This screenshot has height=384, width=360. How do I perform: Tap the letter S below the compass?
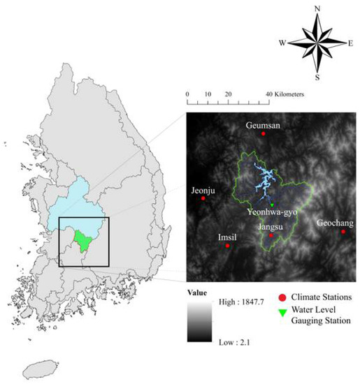click(317, 77)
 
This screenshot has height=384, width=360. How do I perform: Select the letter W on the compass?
click(282, 43)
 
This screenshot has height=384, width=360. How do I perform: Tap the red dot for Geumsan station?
click(264, 133)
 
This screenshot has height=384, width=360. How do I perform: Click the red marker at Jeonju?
click(203, 198)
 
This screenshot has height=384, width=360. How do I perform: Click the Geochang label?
click(335, 223)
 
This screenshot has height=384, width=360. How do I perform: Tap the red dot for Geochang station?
click(343, 231)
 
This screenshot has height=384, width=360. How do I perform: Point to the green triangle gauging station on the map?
click(271, 203)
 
